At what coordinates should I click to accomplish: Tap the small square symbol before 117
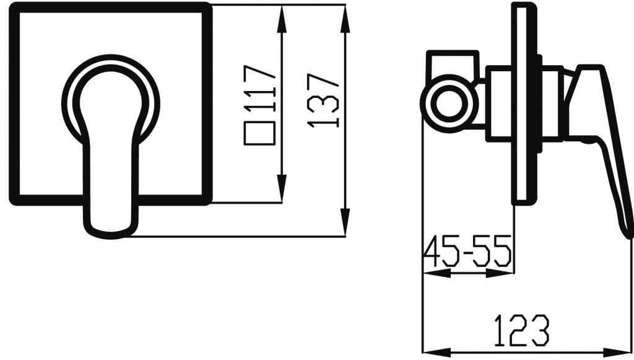(260, 133)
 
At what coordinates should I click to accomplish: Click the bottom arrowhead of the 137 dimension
(345, 222)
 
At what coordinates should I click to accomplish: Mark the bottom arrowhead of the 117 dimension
(282, 188)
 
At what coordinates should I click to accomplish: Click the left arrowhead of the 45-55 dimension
(436, 274)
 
